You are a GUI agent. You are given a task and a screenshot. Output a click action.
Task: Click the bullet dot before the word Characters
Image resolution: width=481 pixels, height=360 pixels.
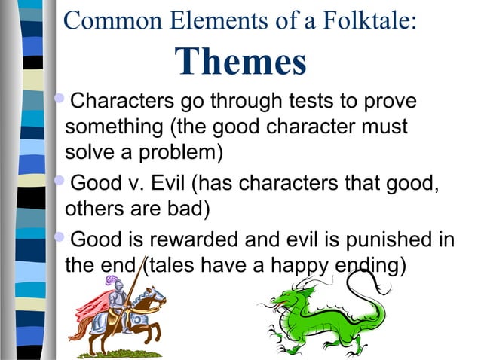pos(61,99)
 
